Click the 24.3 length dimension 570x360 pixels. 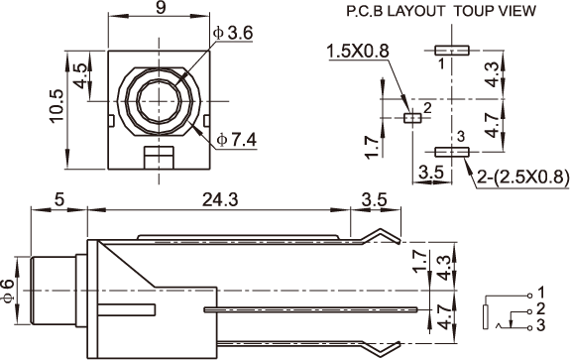[220, 200]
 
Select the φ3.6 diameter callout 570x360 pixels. [233, 34]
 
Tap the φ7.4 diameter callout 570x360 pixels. [237, 140]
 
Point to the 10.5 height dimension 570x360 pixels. [57, 106]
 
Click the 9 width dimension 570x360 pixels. [161, 8]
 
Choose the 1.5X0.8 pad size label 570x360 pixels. [358, 52]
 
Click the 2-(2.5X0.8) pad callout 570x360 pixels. [522, 178]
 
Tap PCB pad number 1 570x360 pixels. [452, 51]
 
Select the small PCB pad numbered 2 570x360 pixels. [412, 118]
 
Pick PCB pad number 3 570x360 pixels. [452, 152]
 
